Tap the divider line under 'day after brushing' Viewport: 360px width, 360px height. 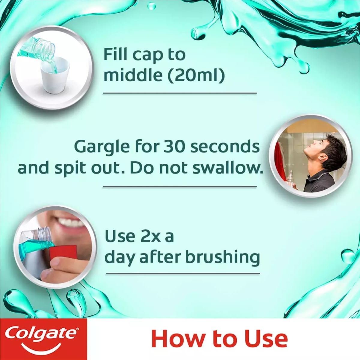[x=183, y=273]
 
